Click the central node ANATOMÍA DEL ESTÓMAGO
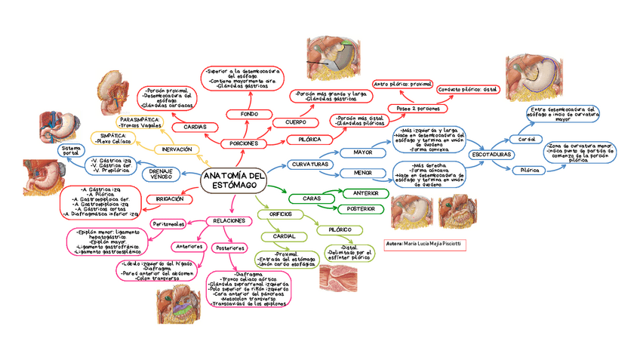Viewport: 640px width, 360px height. coord(235,180)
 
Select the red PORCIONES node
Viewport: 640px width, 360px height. coord(245,143)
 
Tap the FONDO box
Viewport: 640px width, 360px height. coord(249,114)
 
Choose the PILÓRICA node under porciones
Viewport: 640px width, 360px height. coord(309,140)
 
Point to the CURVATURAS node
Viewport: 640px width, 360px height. coord(309,165)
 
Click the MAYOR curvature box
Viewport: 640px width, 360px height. coord(362,153)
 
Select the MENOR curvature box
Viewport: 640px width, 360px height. coord(362,173)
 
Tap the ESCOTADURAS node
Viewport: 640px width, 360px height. coord(491,155)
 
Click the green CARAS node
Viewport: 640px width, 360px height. coord(312,198)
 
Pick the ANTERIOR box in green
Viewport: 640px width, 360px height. coord(365,194)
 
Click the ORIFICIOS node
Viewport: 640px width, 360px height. coord(280,214)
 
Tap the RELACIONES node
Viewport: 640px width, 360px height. coord(228,221)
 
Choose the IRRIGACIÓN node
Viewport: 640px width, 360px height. coord(170,198)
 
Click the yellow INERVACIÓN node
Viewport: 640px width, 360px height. coord(177,149)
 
